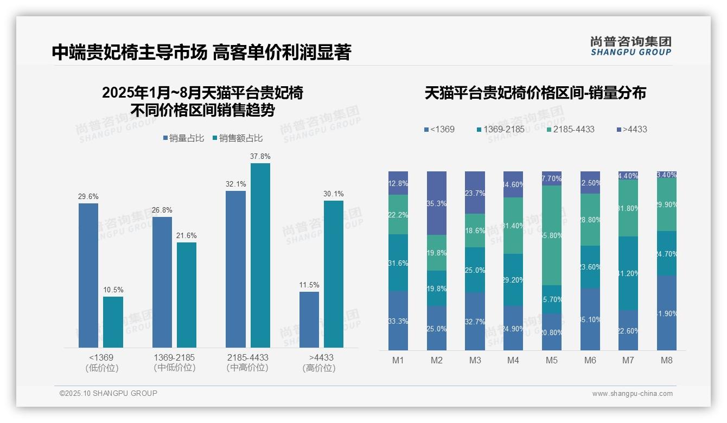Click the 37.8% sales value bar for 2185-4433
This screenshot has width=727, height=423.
click(x=260, y=255)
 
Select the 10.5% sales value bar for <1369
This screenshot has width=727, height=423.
click(x=113, y=322)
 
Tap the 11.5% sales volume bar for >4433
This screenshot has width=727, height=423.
click(x=309, y=319)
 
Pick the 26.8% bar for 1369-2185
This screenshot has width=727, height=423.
click(x=162, y=282)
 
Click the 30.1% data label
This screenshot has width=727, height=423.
click(x=334, y=194)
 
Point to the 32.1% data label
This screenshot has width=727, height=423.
click(x=235, y=184)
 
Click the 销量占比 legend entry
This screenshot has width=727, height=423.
click(x=183, y=138)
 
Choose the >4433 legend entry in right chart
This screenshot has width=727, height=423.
click(x=632, y=129)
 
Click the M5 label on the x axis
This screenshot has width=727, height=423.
click(x=551, y=360)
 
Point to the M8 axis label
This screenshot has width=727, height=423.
click(x=666, y=360)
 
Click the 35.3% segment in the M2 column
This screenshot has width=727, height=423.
click(x=436, y=203)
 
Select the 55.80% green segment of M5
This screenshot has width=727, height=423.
click(x=551, y=235)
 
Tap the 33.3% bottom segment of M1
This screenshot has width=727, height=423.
click(x=398, y=321)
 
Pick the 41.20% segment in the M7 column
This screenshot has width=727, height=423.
click(x=628, y=273)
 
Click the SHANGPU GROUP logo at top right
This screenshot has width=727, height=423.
click(x=630, y=46)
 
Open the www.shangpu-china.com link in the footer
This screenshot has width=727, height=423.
click(x=632, y=394)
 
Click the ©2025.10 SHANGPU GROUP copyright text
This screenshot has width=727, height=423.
click(x=109, y=393)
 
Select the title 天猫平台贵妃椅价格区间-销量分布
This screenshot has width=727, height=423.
click(x=535, y=93)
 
